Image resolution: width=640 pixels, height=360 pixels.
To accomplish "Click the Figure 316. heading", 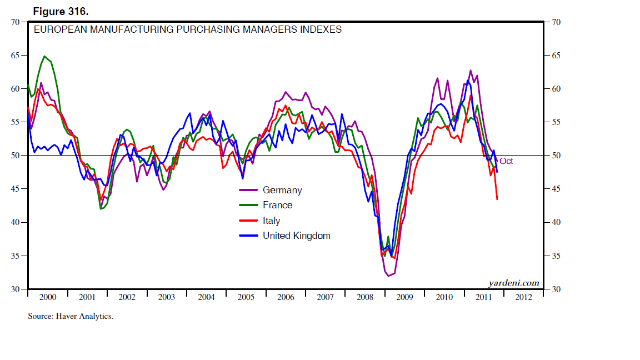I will coord(60,11).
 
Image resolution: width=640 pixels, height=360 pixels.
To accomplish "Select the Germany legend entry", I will coord(282,190).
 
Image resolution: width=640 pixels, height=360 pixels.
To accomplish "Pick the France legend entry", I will coord(277,205).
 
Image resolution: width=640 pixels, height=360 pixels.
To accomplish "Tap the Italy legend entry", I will coord(271,221).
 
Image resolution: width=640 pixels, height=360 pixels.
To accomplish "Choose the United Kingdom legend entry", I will coord(296,236).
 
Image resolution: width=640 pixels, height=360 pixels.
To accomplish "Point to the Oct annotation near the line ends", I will coord(506,161).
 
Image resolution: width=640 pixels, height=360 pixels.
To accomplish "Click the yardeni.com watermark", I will coord(514,283).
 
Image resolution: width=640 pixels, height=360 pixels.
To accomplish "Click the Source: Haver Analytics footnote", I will coord(71,316).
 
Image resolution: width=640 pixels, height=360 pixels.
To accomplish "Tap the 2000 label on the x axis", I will coord(48,297).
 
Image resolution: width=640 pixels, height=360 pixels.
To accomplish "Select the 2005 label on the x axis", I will coord(246,297).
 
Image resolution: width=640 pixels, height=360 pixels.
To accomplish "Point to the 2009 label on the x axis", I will coord(404,297).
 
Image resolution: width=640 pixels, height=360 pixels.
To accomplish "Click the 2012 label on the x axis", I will coord(523,297).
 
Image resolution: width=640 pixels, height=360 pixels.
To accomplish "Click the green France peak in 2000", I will coord(44,56).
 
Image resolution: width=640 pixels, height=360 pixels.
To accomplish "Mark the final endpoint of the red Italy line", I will coord(497,199).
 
